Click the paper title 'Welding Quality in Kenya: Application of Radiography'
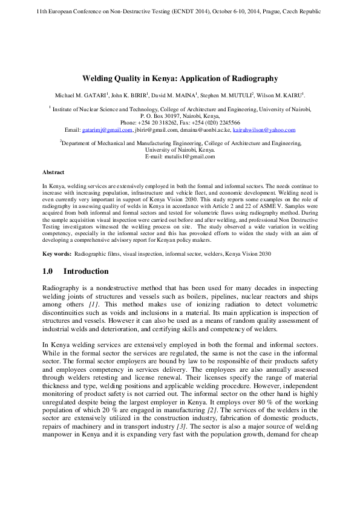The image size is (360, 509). click(180, 79)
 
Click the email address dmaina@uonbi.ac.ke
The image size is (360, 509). click(205, 130)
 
